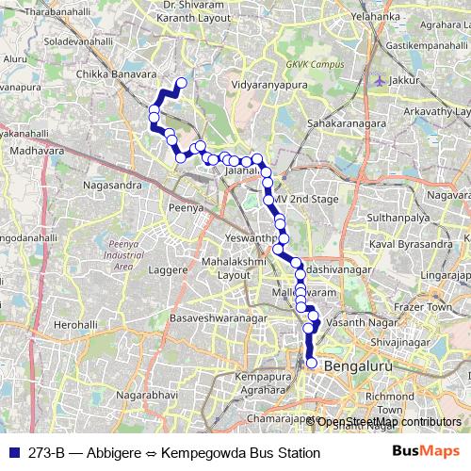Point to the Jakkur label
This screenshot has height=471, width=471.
404,81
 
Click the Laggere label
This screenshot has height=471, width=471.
168,269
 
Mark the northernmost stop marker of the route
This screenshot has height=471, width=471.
181,83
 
